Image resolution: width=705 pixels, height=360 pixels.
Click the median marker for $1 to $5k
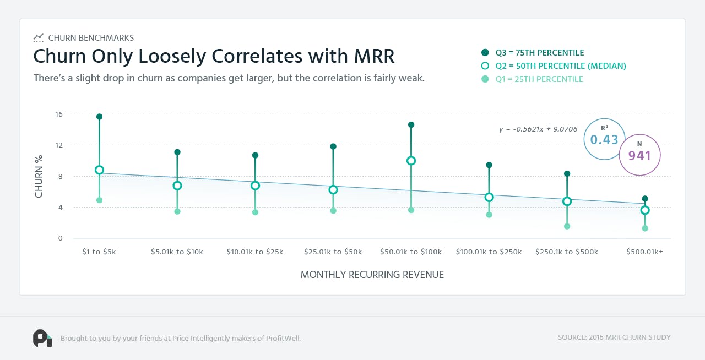(99, 170)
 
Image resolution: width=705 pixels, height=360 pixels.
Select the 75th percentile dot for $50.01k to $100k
(411, 125)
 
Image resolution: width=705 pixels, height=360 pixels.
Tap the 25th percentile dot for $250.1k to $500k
(567, 226)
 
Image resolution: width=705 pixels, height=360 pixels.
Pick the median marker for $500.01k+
(645, 210)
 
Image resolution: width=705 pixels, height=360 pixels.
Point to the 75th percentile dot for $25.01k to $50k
(333, 146)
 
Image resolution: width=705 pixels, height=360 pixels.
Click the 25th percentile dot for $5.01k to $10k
(177, 211)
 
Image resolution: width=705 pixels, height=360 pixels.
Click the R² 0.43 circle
(604, 139)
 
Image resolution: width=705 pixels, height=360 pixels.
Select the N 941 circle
(639, 155)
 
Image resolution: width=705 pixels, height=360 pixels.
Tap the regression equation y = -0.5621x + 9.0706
(538, 129)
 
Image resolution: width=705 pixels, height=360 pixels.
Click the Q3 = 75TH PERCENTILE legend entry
(532, 53)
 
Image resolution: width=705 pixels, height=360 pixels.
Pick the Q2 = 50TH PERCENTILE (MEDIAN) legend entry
(553, 66)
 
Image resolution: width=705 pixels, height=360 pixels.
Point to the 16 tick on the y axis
(59, 114)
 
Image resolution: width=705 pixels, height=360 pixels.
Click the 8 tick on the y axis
(61, 177)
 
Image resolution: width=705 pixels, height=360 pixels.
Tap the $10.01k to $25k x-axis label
(255, 252)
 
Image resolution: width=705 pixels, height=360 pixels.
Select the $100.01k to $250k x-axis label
(489, 252)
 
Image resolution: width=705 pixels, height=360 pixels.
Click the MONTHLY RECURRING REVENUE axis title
(372, 275)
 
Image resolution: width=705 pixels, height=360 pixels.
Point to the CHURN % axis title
(39, 176)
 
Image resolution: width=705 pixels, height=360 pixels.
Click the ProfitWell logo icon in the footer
(42, 338)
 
